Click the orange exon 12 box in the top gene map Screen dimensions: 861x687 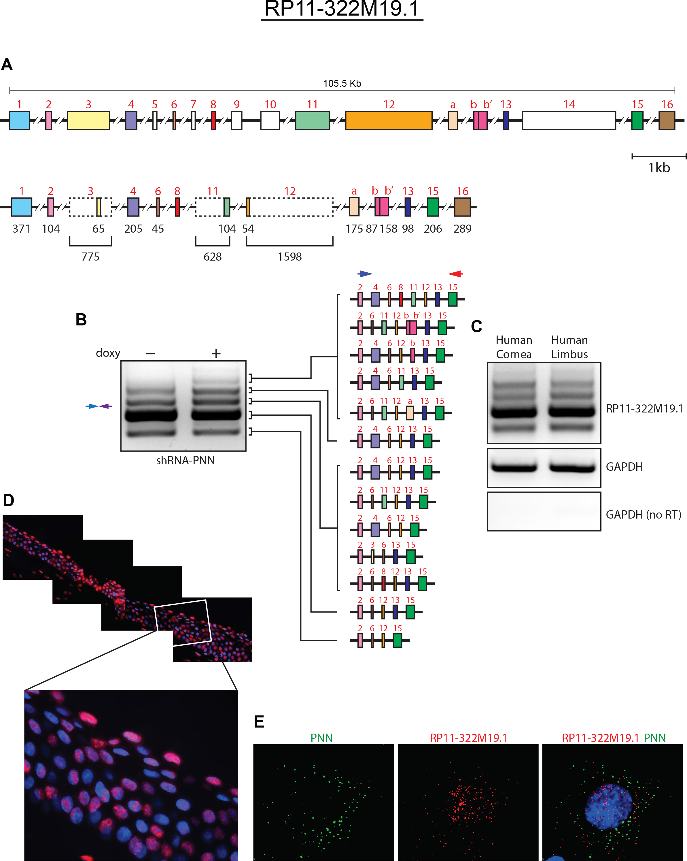[x=388, y=120]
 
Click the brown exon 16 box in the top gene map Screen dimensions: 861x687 [x=666, y=120]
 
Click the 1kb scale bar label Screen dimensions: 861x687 [x=659, y=168]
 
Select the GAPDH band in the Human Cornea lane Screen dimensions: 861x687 [x=514, y=467]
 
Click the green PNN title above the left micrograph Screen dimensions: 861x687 [x=321, y=738]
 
